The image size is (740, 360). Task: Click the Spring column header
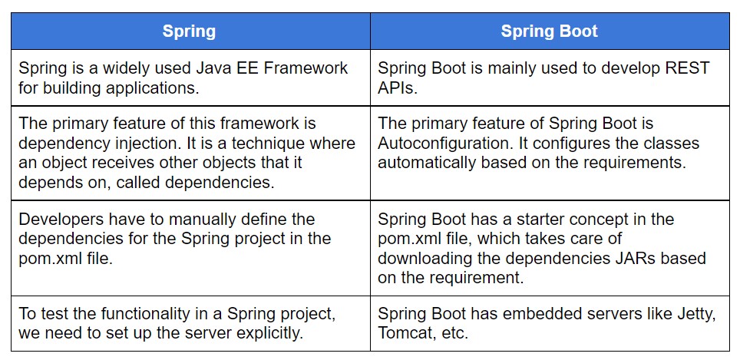tap(189, 31)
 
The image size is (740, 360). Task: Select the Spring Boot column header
tap(549, 31)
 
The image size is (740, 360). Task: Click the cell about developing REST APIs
tap(549, 78)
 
